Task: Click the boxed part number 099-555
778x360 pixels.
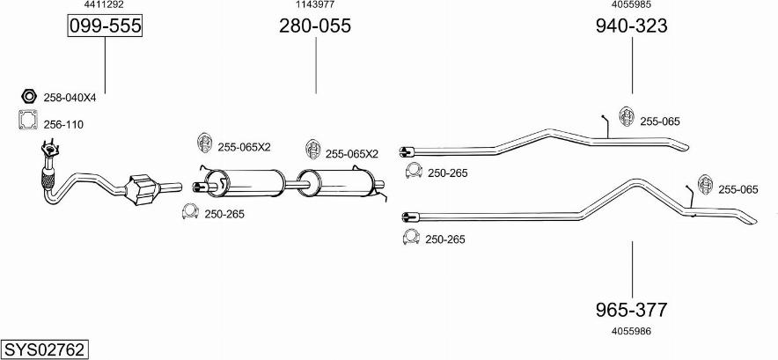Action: (x=105, y=26)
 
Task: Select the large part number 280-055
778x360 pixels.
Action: (x=314, y=26)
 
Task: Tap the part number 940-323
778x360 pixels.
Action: (x=631, y=26)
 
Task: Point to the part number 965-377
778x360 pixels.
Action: (x=631, y=310)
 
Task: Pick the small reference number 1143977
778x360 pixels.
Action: (x=314, y=5)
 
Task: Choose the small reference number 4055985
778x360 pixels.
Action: (x=631, y=5)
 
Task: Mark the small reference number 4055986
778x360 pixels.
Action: (x=631, y=331)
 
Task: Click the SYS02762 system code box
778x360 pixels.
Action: (x=44, y=349)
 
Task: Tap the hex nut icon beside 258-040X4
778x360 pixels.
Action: (x=27, y=97)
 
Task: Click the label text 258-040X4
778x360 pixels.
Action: (x=70, y=98)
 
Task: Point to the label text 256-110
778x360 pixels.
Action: (x=63, y=125)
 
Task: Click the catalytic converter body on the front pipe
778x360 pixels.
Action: (x=142, y=189)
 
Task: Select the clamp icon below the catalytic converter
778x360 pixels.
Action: (x=189, y=212)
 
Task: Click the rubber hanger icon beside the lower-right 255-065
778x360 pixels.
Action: (x=705, y=184)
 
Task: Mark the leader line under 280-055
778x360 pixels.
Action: (x=314, y=66)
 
